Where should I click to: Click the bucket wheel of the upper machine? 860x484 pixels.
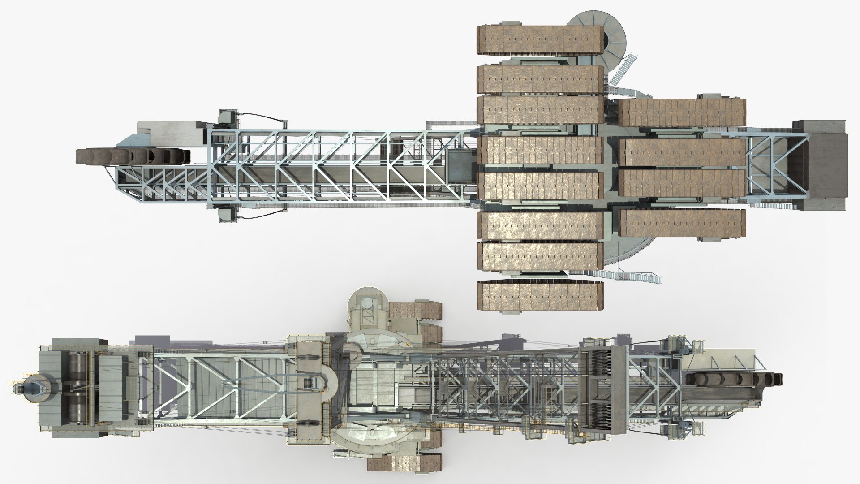click(x=133, y=156)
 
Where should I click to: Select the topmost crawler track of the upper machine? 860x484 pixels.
click(x=541, y=41)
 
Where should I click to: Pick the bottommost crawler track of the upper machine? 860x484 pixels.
click(x=541, y=296)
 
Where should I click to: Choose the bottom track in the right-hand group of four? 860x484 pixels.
click(x=682, y=223)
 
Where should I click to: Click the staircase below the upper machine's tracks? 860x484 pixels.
click(x=627, y=276)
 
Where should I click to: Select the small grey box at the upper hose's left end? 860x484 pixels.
click(x=229, y=118)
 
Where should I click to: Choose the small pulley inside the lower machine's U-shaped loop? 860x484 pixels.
click(x=308, y=384)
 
